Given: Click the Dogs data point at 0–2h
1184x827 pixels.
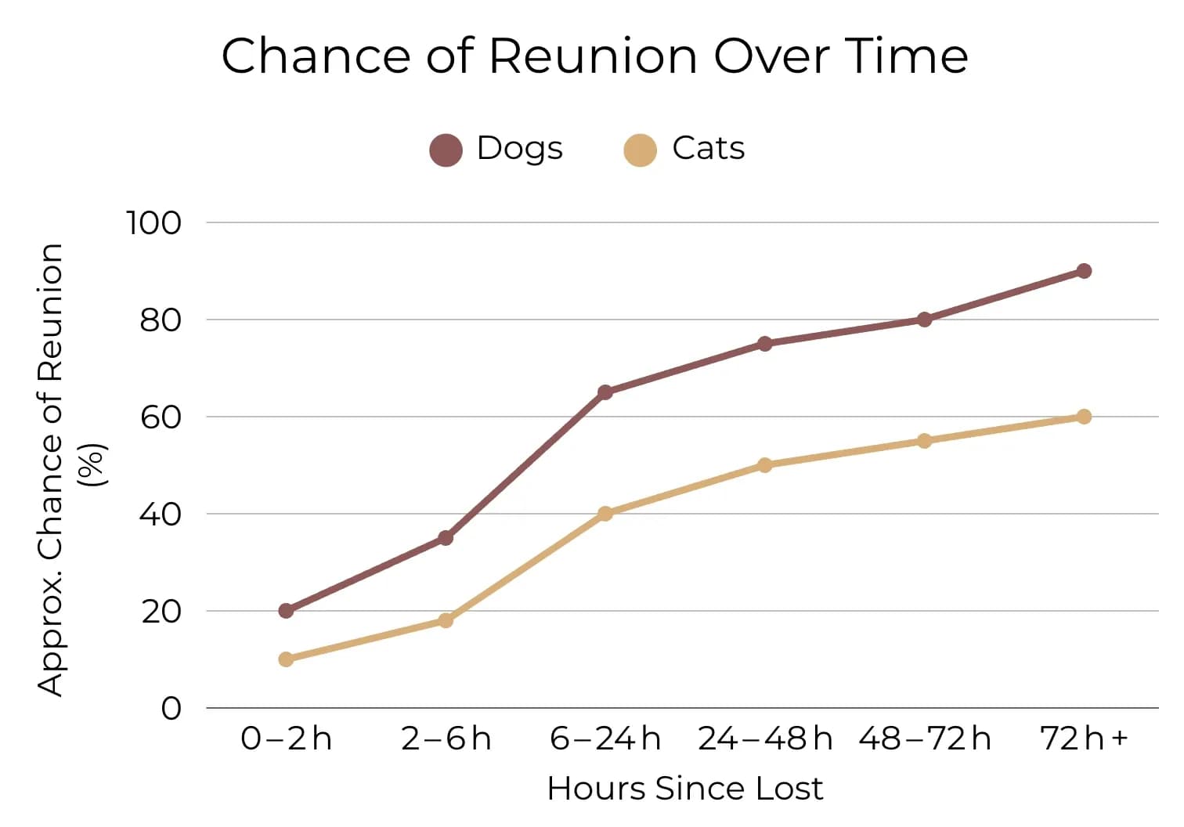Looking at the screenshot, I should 286,610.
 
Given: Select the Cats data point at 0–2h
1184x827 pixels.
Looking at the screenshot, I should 286,659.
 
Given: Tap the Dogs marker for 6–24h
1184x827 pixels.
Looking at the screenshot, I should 605,392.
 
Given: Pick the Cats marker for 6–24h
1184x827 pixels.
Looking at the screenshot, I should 605,514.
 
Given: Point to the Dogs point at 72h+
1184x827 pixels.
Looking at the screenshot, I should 1084,271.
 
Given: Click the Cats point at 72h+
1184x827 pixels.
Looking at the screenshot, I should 1084,417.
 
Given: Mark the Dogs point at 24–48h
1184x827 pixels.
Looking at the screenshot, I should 765,344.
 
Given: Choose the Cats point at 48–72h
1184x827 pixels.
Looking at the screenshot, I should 924,441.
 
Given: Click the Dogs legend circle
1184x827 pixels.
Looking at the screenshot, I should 446,150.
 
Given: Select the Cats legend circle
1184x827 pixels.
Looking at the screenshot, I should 640,150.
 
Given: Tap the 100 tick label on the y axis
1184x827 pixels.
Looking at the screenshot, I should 153,223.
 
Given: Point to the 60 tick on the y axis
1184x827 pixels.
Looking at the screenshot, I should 161,417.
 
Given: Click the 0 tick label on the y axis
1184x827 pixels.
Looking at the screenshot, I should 171,709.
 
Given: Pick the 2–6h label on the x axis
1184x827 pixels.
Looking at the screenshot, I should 446,739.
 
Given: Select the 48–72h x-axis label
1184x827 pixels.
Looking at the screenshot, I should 924,739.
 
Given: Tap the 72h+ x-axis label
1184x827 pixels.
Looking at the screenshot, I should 1084,739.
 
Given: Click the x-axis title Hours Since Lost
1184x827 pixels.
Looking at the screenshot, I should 685,789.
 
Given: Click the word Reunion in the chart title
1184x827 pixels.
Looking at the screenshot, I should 593,56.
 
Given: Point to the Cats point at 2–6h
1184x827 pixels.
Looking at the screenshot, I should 446,620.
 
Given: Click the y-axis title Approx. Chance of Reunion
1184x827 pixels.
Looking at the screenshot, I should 51,470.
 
